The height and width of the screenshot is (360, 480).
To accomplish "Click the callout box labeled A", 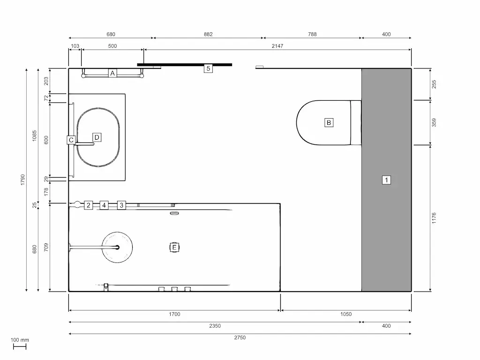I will tap(112, 73).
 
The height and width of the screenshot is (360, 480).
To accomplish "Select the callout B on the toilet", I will tap(329, 123).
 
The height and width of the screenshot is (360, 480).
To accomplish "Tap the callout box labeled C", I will tap(71, 140).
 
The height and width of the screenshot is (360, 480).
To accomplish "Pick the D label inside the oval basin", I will tap(97, 137).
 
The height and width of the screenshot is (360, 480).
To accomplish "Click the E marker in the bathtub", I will tap(174, 247).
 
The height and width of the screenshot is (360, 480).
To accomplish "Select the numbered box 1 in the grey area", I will tap(386, 180).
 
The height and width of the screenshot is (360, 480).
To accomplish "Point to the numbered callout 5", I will tap(209, 68).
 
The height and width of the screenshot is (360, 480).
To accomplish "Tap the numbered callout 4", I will tap(104, 205).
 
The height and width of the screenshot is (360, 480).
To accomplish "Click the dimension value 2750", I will tap(240, 337).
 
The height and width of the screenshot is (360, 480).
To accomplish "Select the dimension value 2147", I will tap(277, 46).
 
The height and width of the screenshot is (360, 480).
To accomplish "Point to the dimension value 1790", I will tap(22, 180).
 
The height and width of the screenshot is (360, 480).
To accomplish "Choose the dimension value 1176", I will tap(434, 218).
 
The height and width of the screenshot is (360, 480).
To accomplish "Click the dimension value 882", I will tap(208, 34).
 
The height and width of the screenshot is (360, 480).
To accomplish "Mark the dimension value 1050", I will tap(345, 314).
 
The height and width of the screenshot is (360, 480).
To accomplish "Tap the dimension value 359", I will tap(434, 122).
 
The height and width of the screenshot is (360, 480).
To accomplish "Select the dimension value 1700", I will tap(174, 314).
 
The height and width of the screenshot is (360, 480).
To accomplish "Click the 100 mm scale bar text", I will tap(20, 340).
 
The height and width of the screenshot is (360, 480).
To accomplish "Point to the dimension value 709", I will tap(46, 247).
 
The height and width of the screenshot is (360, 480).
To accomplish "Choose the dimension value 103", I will tap(75, 46).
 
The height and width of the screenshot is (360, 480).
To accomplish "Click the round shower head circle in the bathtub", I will tap(117, 247).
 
